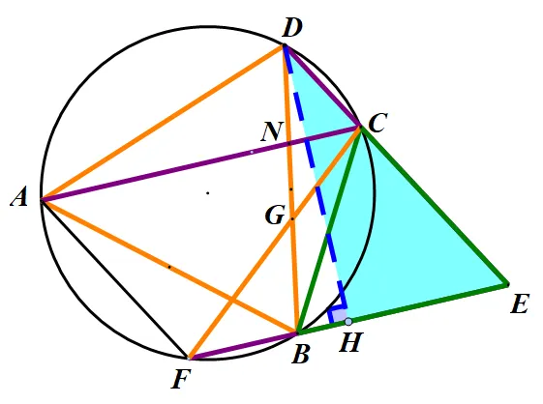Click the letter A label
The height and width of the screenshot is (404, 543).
coord(19,199)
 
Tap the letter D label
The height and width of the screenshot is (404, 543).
coord(292,28)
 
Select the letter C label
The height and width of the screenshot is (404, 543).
coord(377,123)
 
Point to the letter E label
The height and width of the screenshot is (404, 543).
coord(520,304)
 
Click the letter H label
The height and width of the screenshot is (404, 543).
coord(350,342)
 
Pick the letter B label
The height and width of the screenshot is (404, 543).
coord(300,355)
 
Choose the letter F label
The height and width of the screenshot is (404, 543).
coord(181,380)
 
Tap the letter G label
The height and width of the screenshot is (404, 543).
coord(275,216)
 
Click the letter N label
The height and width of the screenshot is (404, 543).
coord(272,131)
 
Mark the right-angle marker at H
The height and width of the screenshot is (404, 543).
coord(337,313)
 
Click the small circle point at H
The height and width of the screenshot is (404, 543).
coord(348,322)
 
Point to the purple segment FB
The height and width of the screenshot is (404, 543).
coord(242,346)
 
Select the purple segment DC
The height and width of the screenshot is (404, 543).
coord(322,86)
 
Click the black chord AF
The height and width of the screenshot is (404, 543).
coord(114,278)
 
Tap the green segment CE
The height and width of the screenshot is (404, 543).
coord(434,206)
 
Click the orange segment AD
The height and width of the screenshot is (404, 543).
coord(163,123)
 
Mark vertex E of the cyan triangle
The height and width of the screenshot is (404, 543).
coord(507,285)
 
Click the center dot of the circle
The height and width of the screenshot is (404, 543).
coord(208,192)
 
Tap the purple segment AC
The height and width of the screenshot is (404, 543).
coord(201,163)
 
